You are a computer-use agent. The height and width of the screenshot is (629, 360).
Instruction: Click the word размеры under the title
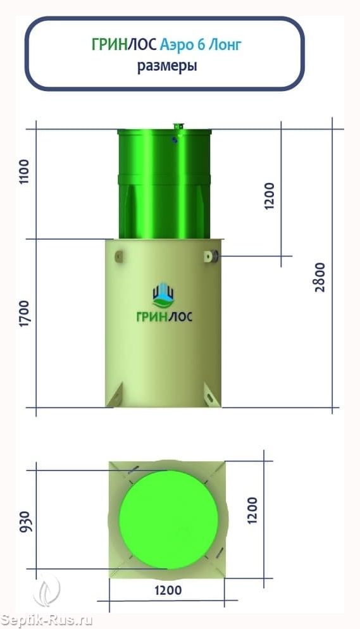click(x=167, y=66)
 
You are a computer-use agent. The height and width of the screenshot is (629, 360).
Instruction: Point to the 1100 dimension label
click(x=25, y=171)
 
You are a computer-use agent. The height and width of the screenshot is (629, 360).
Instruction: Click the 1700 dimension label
click(x=25, y=313)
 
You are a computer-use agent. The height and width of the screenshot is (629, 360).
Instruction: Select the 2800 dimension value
click(x=320, y=277)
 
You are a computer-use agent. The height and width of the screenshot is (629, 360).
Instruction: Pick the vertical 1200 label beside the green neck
click(x=270, y=196)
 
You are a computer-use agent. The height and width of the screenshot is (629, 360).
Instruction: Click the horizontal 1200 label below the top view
click(x=168, y=590)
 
